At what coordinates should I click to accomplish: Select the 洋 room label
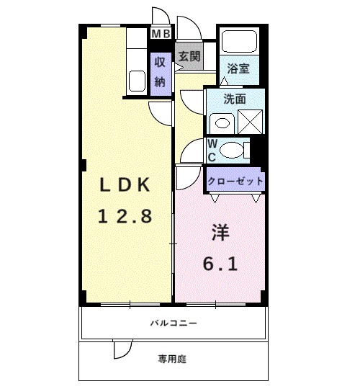click(x=221, y=234)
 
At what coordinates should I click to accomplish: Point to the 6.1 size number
click(x=221, y=264)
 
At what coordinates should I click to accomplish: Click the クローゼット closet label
click(x=235, y=181)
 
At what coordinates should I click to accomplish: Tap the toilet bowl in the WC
click(x=231, y=150)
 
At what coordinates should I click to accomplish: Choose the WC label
click(x=212, y=150)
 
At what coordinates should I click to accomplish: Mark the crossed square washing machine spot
click(x=251, y=118)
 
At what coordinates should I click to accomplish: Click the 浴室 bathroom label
click(x=238, y=68)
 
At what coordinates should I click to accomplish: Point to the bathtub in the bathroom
click(x=238, y=43)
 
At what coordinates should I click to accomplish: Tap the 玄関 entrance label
click(x=189, y=55)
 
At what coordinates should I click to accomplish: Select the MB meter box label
click(x=160, y=32)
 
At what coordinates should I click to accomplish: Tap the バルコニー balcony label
click(x=174, y=323)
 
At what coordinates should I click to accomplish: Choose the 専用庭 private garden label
click(x=173, y=358)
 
